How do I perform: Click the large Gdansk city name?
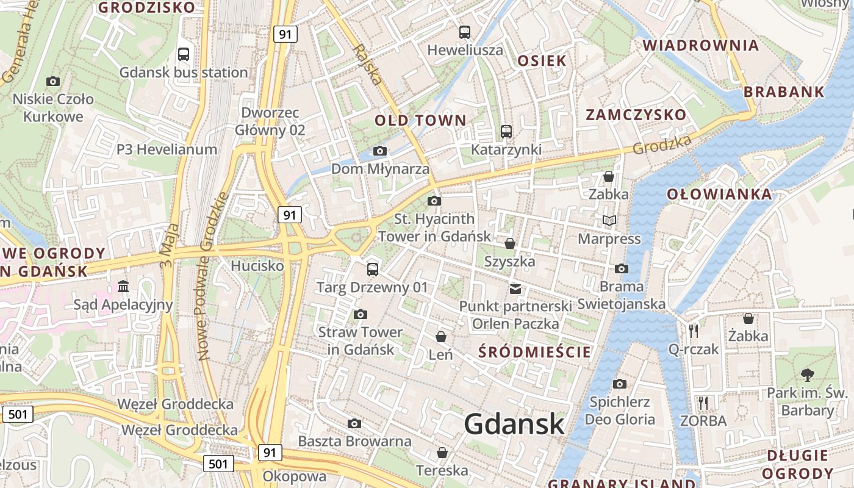(x=514, y=424)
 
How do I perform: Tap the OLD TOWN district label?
(x=420, y=120)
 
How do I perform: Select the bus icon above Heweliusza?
(x=465, y=32)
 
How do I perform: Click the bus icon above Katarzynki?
(x=506, y=131)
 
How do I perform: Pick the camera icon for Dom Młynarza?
(x=379, y=151)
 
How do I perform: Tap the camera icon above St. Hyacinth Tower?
(x=434, y=201)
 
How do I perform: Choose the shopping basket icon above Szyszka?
(x=510, y=244)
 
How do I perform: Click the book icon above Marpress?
(x=609, y=221)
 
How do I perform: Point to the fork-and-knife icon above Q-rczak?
(x=694, y=331)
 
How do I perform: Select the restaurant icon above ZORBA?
(x=703, y=403)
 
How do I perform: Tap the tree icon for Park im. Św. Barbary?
(x=807, y=375)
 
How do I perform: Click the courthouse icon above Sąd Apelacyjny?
(x=123, y=286)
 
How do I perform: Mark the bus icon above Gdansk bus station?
(x=184, y=54)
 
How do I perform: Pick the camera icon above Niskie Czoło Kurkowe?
(x=53, y=81)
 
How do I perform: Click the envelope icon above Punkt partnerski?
(x=515, y=289)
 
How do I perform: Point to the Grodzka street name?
(x=662, y=145)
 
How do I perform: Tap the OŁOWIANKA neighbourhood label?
(x=719, y=195)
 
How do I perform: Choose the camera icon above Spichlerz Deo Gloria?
(x=620, y=384)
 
